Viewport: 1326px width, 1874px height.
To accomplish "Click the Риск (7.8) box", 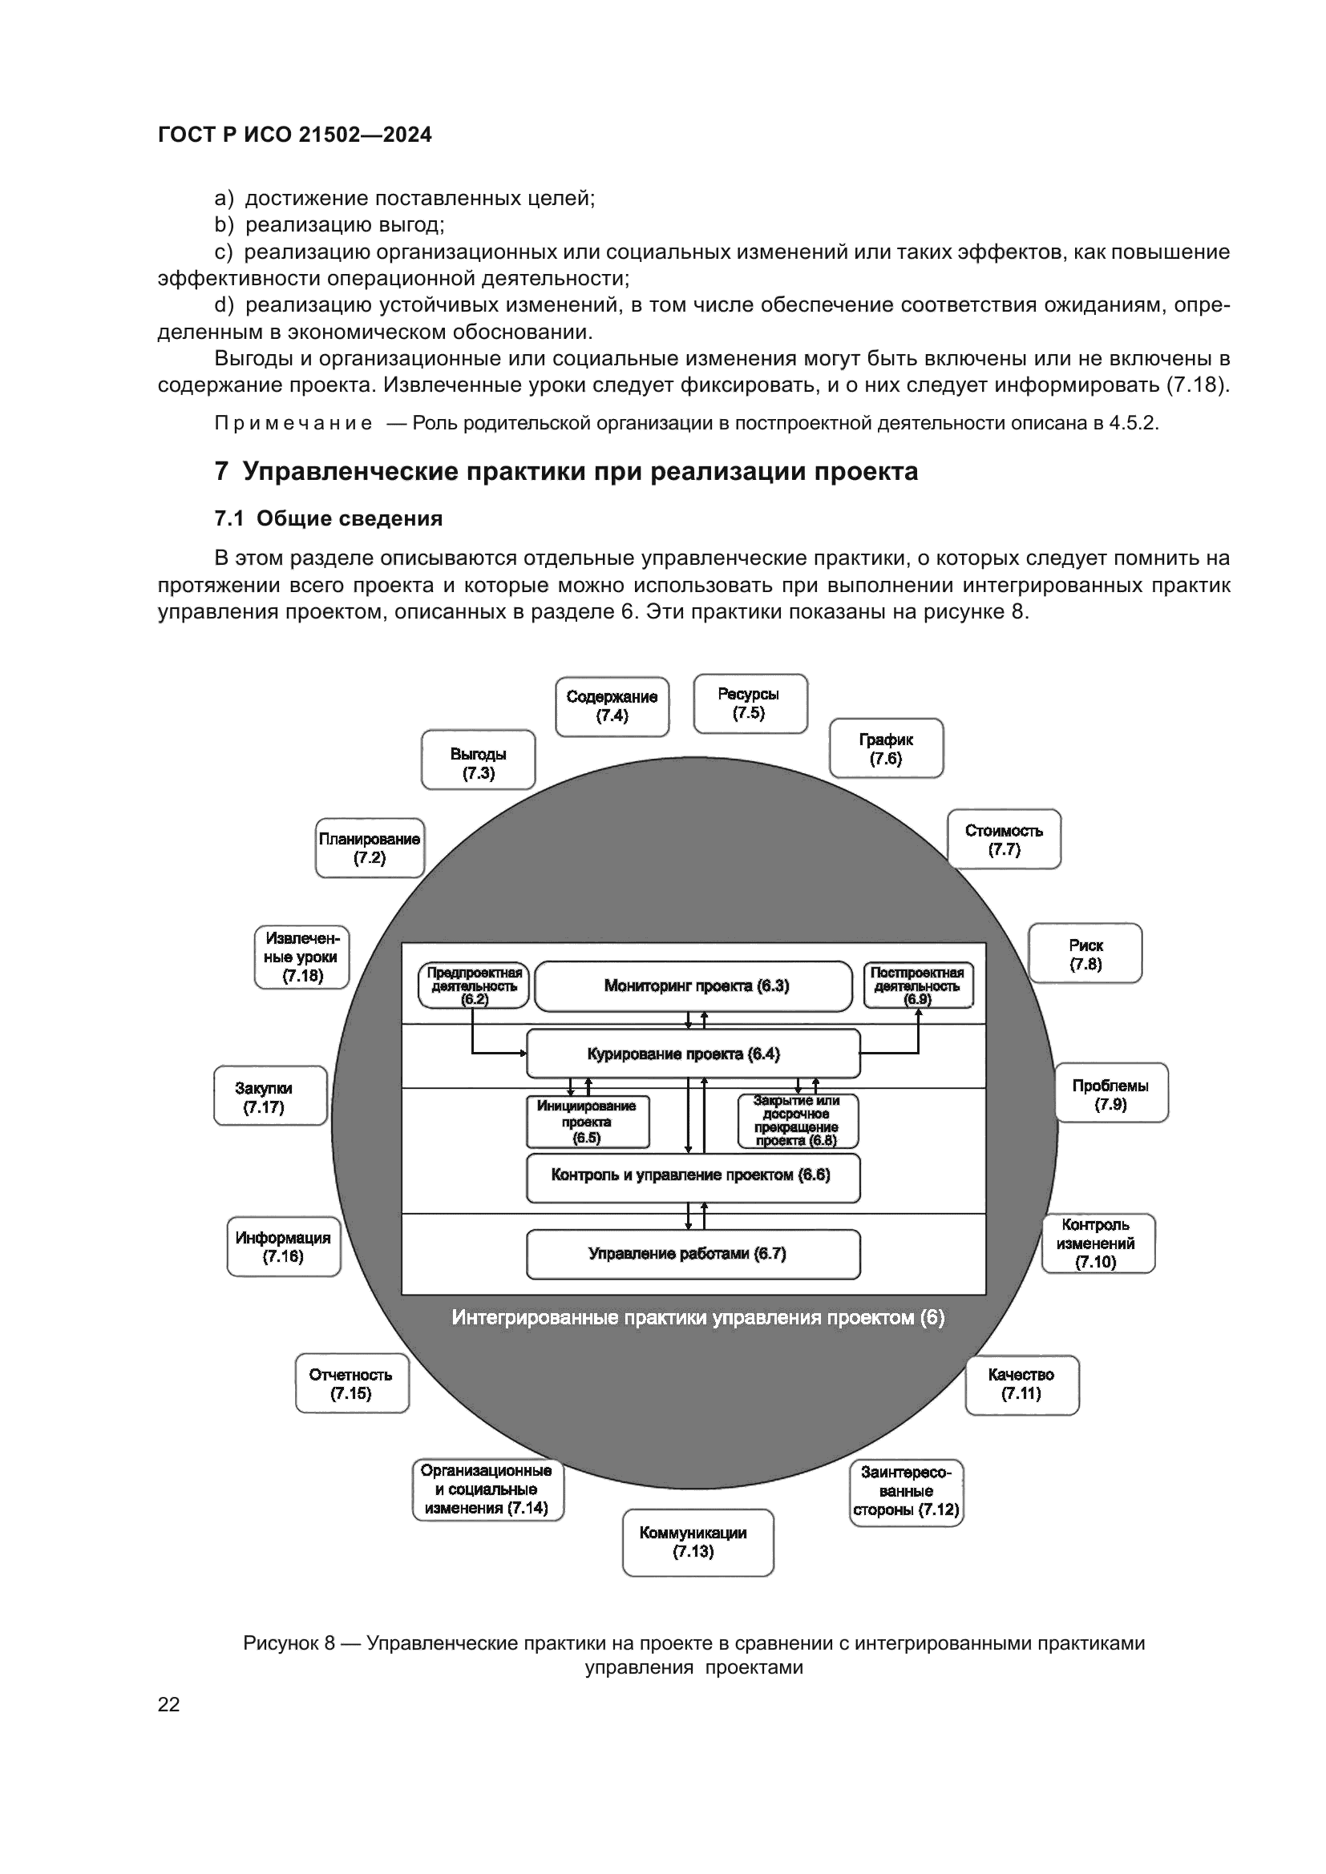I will pos(1085,953).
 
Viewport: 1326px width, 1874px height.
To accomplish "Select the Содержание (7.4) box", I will pos(612,706).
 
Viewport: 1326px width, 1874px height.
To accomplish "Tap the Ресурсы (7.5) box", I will pos(750,703).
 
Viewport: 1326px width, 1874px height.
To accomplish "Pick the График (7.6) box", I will pos(886,748).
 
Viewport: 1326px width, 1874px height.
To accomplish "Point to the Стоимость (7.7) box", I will pos(1004,839).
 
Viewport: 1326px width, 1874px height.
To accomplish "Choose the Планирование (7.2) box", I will pos(370,848).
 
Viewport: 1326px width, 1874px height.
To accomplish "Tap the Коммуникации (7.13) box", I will pos(697,1542).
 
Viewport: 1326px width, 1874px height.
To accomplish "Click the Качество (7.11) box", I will pos(1021,1384).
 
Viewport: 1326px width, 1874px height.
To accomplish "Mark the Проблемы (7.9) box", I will pos(1110,1093).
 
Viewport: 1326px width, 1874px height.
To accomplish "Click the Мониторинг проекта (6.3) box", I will pos(693,986).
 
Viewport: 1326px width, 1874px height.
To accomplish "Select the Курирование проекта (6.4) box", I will pos(693,1054).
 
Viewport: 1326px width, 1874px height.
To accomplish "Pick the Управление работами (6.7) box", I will pos(693,1254).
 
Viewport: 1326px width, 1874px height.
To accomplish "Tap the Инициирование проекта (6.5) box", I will pos(587,1122).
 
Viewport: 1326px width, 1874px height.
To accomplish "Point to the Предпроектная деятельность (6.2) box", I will pos(474,985).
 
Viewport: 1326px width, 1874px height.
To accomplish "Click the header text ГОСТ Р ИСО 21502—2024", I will pos(295,135).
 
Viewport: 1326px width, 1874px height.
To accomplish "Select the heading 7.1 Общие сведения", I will pos(328,518).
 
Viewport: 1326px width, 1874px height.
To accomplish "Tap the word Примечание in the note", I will pos(293,423).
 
